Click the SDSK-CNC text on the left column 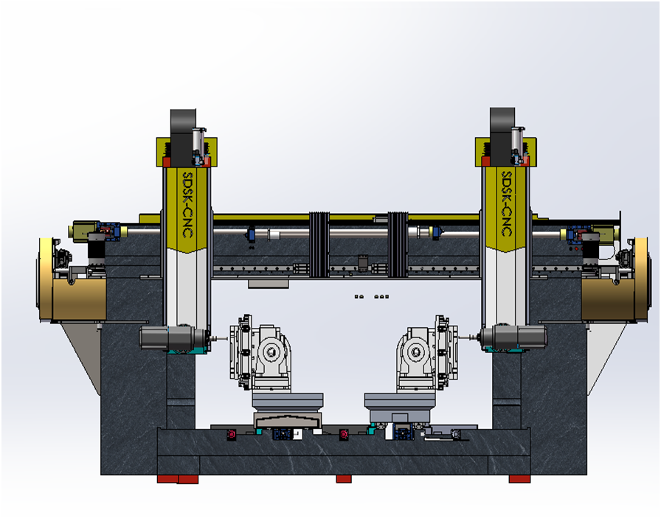[x=187, y=204]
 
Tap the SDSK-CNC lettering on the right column [x=506, y=203]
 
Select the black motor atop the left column [x=182, y=137]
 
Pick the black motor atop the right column [x=502, y=136]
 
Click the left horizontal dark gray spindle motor [x=173, y=338]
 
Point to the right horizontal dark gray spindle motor [x=514, y=337]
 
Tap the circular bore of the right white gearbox [x=416, y=351]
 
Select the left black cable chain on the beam [x=319, y=245]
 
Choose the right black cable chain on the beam [x=398, y=245]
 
